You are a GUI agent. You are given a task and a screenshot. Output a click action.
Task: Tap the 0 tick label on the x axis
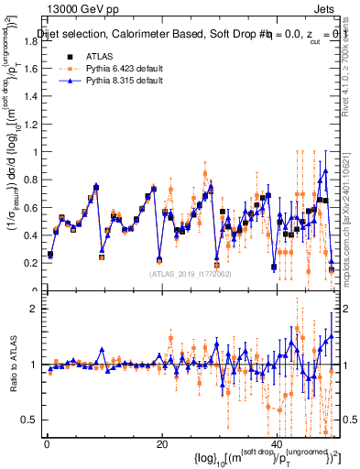point(46,445)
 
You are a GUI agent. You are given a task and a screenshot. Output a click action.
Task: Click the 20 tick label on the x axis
point(161,445)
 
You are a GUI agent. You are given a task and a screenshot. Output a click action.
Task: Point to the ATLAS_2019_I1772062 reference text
point(191,273)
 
